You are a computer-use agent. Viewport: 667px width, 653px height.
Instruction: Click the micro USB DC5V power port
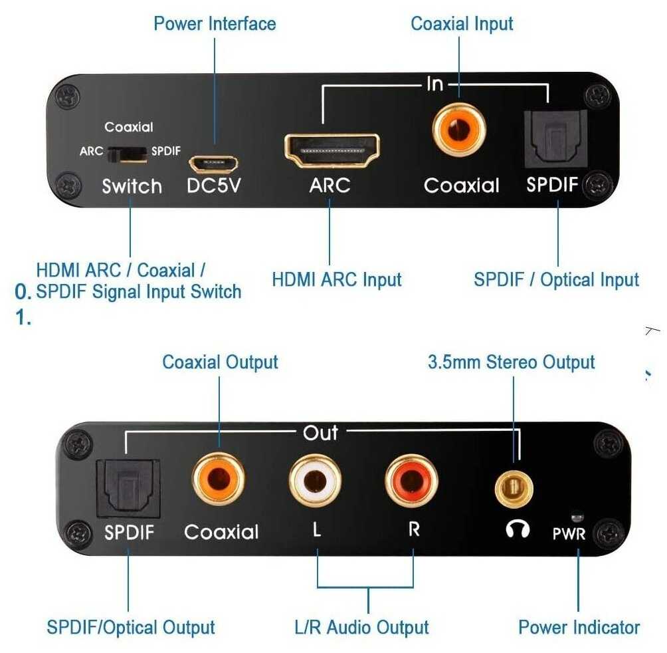213,164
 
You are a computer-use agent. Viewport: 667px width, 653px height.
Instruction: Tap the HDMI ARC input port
332,151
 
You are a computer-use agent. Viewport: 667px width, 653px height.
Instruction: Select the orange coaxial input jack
458,129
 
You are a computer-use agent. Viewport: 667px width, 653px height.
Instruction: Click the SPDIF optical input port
555,139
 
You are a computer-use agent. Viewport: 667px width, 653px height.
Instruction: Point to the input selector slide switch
127,154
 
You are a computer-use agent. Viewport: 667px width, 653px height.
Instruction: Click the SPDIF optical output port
128,488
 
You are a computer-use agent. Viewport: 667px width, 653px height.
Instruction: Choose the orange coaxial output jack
219,479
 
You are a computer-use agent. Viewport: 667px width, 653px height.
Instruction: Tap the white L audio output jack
315,481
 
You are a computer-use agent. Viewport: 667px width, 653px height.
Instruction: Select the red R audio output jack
411,481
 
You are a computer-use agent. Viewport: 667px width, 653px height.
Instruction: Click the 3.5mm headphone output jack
514,489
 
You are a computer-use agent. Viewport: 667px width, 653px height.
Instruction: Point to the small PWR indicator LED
577,517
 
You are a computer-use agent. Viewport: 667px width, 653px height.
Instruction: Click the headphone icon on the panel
518,529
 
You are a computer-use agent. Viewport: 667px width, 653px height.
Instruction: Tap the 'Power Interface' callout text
215,23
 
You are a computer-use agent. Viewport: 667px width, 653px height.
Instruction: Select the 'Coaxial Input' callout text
462,24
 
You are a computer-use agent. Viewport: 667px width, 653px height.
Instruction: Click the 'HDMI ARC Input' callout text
336,280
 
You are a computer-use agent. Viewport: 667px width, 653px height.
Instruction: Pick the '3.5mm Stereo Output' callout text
512,362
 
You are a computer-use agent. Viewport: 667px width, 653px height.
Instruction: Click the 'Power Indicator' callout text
579,627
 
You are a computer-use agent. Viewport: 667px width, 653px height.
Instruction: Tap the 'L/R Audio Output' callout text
361,627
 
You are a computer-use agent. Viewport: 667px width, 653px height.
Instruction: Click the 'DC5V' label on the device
214,186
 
